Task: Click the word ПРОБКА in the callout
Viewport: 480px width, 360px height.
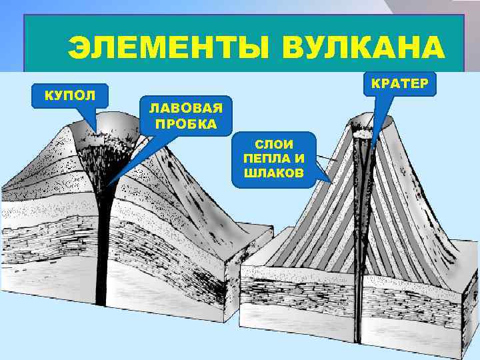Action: [x=185, y=123]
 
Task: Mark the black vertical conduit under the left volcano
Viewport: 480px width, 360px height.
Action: [x=102, y=253]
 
